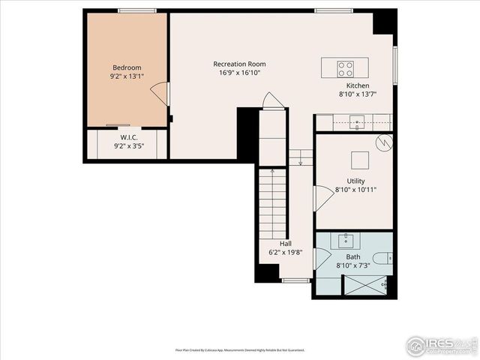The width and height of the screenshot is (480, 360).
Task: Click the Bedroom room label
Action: click(127, 66)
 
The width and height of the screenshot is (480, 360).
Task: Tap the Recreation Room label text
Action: click(239, 64)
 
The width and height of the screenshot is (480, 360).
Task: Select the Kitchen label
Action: click(357, 85)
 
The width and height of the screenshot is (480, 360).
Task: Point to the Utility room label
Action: click(355, 181)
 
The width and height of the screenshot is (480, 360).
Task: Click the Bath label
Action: click(352, 256)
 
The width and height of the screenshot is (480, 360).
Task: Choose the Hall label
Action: click(286, 244)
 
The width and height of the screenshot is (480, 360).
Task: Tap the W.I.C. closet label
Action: click(127, 137)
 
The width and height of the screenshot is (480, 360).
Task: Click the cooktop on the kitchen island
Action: click(345, 69)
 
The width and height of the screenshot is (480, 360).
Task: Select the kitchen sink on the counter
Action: click(358, 121)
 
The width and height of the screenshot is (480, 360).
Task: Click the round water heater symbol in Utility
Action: click(383, 141)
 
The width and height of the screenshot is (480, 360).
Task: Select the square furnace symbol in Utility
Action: click(360, 160)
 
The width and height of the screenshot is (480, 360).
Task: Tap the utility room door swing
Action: click(322, 197)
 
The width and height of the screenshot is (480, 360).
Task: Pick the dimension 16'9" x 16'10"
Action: click(239, 73)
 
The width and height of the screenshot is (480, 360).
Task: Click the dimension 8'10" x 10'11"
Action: click(355, 190)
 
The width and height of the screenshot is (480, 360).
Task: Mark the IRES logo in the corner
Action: click(441, 345)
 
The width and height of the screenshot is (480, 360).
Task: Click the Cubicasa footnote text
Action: click(240, 349)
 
